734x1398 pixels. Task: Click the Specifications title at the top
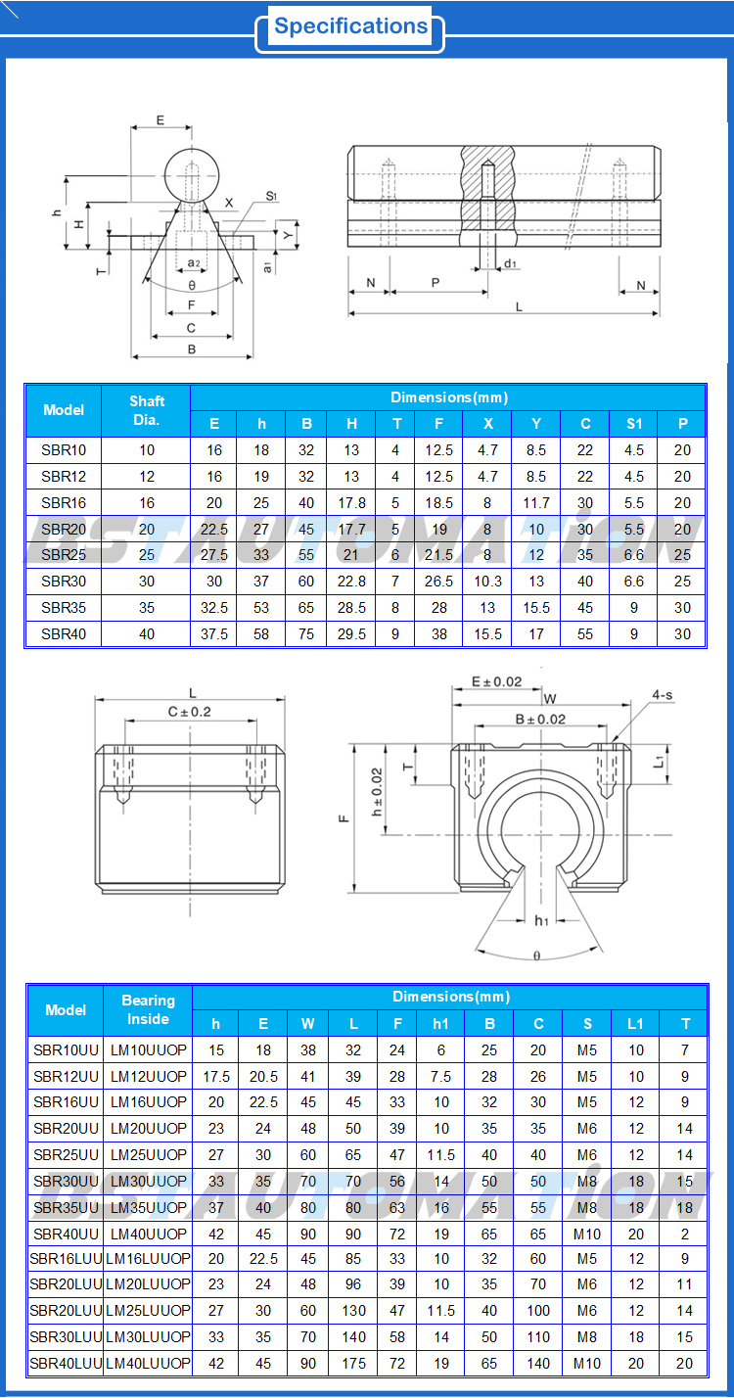(x=350, y=26)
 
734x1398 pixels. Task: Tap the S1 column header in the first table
(x=634, y=424)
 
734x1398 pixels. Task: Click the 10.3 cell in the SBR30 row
(x=487, y=582)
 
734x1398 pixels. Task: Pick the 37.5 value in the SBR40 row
(x=214, y=634)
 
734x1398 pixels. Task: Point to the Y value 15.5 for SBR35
(x=536, y=608)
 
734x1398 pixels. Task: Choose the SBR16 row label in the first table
(x=64, y=502)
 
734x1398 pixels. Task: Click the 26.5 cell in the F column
(x=439, y=582)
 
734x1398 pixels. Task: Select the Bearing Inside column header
(x=148, y=1010)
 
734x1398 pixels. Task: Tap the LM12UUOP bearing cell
(x=148, y=1076)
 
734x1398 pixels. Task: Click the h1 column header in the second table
(x=440, y=1024)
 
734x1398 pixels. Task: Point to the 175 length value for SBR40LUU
(x=353, y=1363)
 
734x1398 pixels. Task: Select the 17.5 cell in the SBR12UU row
(x=216, y=1076)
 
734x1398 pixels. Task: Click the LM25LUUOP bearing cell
(x=148, y=1310)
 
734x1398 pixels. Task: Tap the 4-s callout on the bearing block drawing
(x=663, y=696)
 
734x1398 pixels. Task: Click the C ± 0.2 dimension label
(x=190, y=712)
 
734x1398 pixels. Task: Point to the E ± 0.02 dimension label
(x=496, y=681)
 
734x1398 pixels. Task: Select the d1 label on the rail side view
(x=510, y=264)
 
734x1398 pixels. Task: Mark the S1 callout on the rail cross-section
(x=271, y=197)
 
